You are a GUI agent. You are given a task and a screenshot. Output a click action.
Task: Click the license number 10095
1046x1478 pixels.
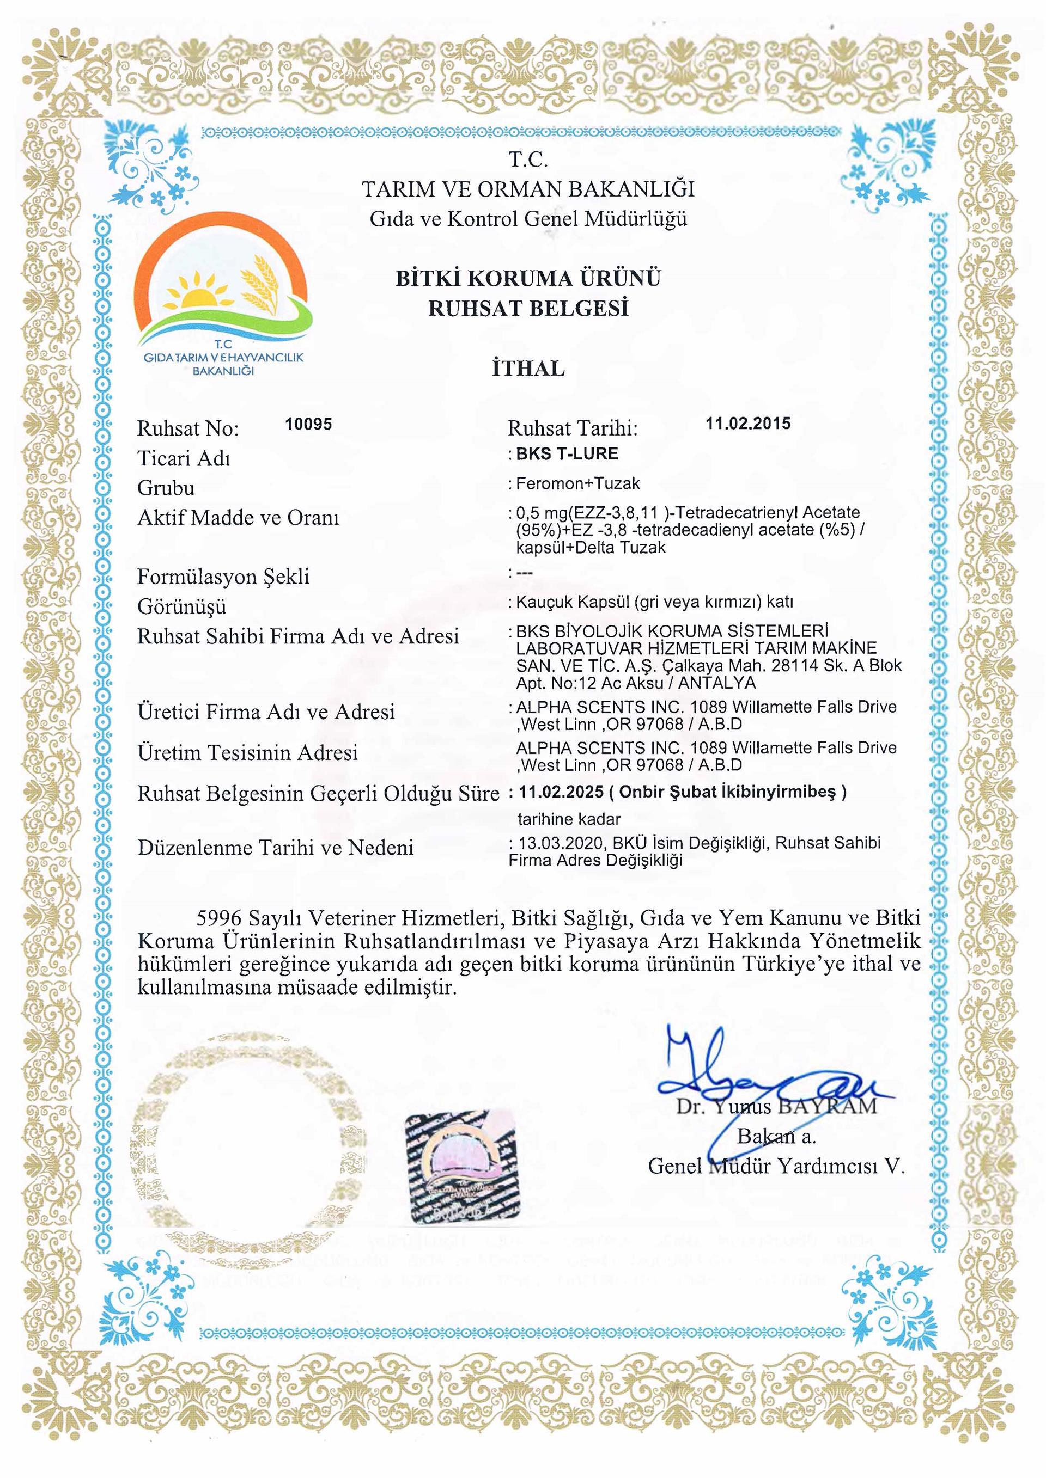pos(308,424)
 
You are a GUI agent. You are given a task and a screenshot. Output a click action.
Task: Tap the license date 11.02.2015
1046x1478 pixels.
pos(748,424)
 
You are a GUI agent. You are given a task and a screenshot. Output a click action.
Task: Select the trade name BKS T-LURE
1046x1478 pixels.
pos(567,454)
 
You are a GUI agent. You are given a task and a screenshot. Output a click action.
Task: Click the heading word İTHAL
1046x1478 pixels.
pos(528,369)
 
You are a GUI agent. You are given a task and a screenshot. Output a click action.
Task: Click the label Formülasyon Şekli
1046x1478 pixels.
pos(223,577)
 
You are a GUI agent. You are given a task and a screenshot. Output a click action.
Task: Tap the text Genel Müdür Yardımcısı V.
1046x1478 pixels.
pos(776,1167)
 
